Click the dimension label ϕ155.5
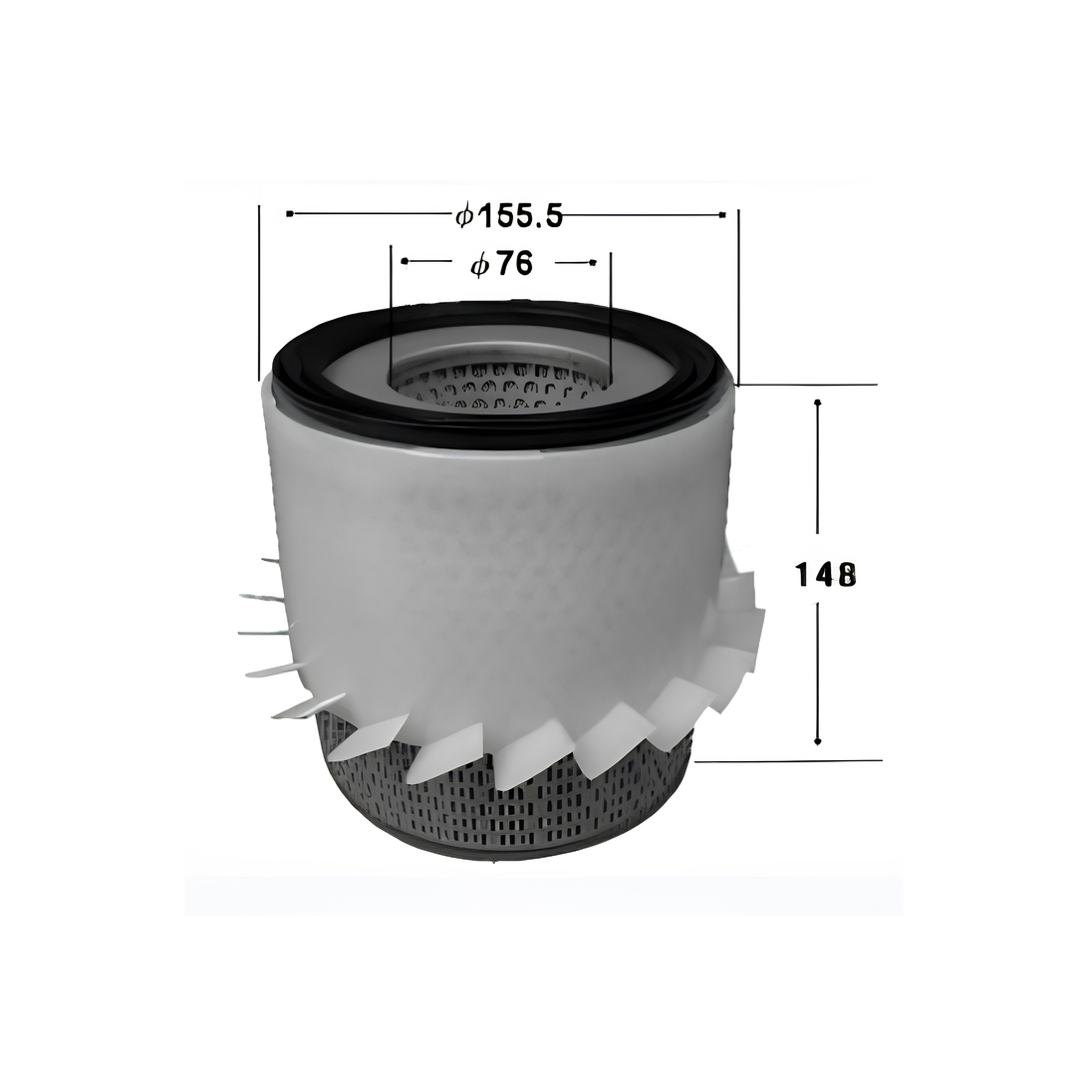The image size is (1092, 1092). pos(508,216)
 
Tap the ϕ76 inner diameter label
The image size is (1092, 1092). pos(501,265)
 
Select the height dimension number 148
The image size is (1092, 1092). pos(825,575)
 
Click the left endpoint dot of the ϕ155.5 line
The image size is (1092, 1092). pos(290,214)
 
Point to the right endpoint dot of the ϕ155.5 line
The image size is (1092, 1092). pos(723,214)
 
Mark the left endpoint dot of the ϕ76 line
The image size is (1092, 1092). pos(406,261)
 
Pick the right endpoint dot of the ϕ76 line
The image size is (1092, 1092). pos(593,262)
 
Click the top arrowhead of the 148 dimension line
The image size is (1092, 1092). pos(818,404)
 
